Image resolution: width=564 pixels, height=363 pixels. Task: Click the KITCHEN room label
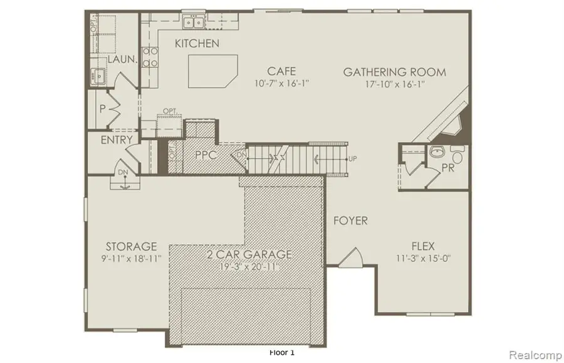click(x=197, y=43)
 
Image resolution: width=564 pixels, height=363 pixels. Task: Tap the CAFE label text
click(x=281, y=71)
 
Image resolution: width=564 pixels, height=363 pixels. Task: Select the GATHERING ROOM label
click(x=395, y=72)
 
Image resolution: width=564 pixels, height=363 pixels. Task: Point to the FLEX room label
click(x=423, y=246)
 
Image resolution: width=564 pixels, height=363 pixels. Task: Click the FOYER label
click(x=350, y=221)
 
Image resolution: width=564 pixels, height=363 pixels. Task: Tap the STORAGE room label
click(x=132, y=246)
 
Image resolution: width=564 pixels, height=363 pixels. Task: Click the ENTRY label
click(x=117, y=140)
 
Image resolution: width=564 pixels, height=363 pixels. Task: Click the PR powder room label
click(x=448, y=168)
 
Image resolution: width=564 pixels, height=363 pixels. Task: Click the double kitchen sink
click(x=193, y=23)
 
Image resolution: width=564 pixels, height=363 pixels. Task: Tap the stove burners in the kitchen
click(x=150, y=58)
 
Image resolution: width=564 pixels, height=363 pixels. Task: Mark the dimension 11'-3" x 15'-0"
click(x=423, y=258)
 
